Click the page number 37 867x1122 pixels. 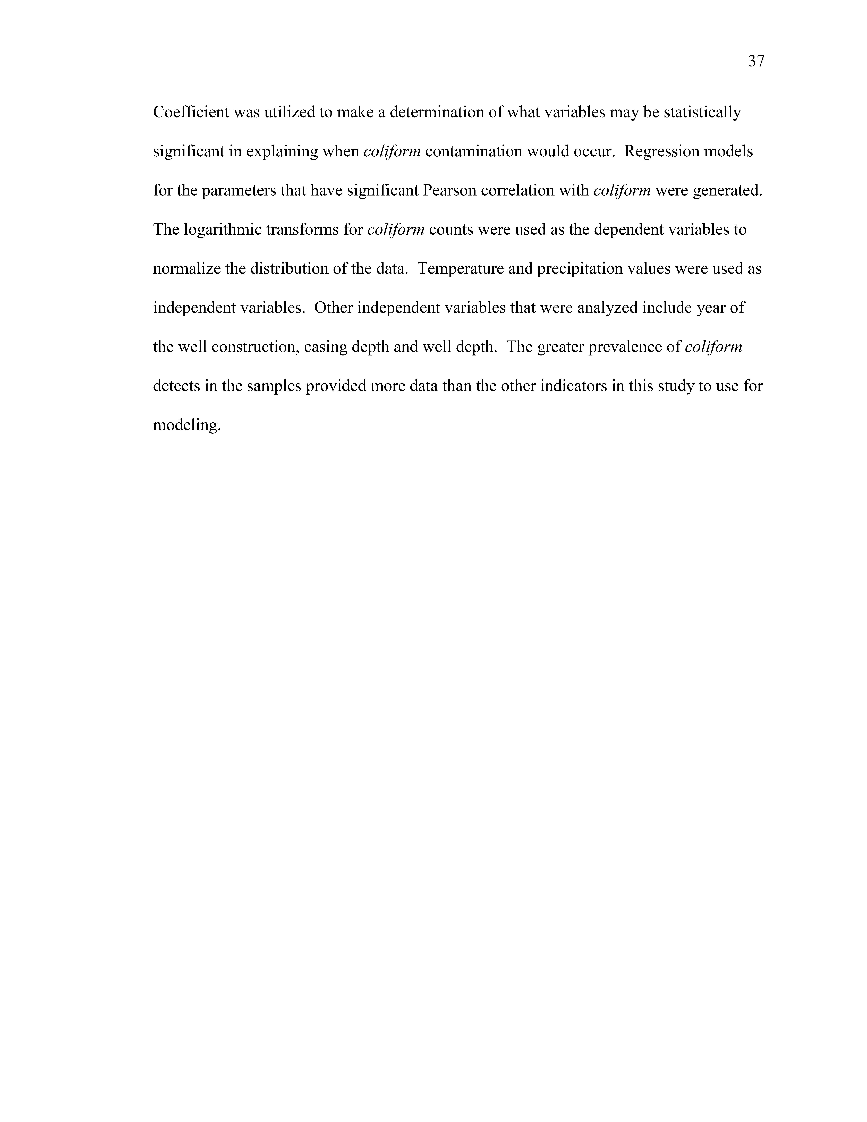pos(756,62)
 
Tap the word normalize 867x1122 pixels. pos(187,269)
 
